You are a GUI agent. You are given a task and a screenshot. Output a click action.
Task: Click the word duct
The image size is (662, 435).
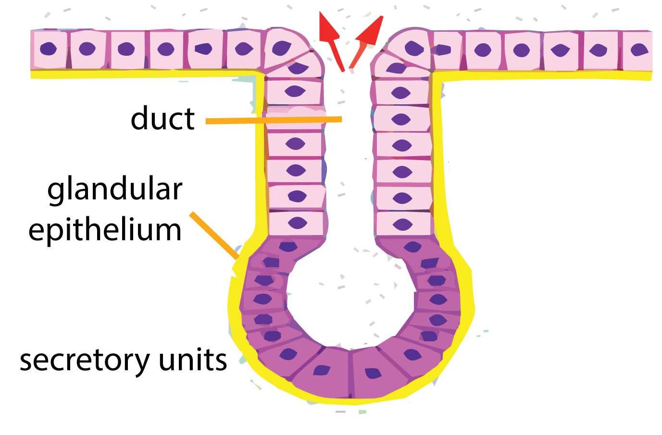162,118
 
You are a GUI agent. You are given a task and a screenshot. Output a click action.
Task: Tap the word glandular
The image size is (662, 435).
114,190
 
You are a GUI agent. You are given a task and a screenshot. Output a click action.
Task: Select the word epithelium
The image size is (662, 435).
105,230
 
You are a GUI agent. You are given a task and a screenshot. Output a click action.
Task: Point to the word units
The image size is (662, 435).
193,360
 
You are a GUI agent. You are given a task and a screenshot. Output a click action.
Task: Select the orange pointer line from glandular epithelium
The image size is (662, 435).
214,236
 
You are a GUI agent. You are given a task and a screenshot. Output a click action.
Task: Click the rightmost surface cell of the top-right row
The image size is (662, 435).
638,50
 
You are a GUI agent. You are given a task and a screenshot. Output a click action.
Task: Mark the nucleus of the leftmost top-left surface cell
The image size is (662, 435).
48,49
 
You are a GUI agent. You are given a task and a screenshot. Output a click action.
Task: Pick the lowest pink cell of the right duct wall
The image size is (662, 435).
403,224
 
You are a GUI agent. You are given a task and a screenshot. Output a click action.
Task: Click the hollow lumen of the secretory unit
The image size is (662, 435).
350,298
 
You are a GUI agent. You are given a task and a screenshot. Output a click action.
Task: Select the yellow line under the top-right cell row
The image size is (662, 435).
543,75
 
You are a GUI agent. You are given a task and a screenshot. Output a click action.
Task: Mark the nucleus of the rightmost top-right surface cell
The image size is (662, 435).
639,50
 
